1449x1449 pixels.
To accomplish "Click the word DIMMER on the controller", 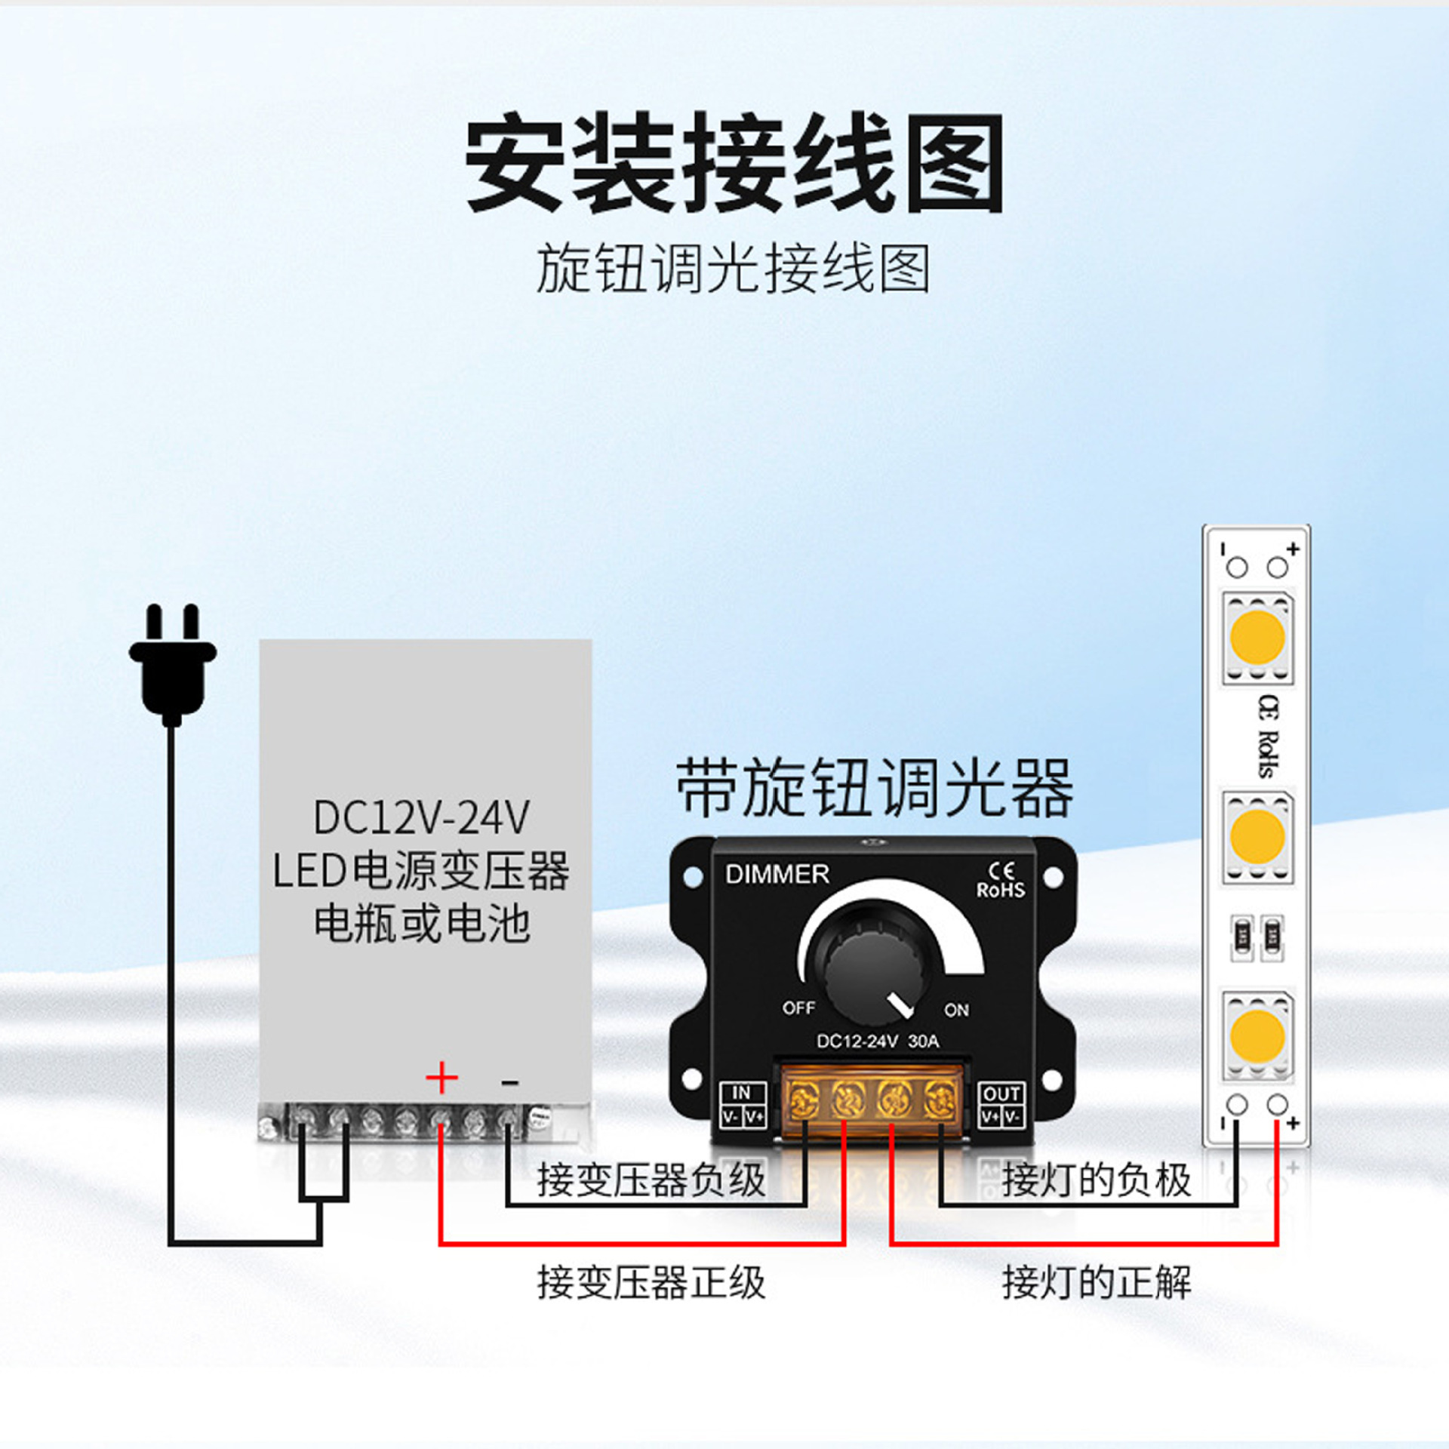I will (x=777, y=875).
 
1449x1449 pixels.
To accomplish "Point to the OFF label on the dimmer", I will (x=798, y=1008).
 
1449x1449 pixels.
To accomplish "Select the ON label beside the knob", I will (x=956, y=1010).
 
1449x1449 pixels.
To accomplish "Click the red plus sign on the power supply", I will (x=441, y=1078).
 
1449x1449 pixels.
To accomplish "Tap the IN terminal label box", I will (x=743, y=1106).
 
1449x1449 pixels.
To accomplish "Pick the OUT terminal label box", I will (x=1001, y=1106).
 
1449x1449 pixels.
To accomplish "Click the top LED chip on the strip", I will (x=1257, y=638).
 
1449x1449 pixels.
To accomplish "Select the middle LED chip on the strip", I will (x=1257, y=836).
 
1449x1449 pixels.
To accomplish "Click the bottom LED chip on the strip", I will (x=1257, y=1035).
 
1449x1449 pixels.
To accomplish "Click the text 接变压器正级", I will (x=651, y=1283).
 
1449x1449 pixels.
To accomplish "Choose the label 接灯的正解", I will (x=1097, y=1283).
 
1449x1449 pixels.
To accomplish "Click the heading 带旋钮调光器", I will (x=874, y=789).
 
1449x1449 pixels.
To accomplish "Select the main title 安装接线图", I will (x=734, y=162).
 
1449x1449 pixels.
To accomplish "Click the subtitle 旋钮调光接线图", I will (x=733, y=269).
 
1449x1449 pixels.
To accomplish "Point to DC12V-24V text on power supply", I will (x=421, y=817).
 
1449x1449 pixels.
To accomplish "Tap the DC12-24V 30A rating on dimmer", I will (x=878, y=1041).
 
